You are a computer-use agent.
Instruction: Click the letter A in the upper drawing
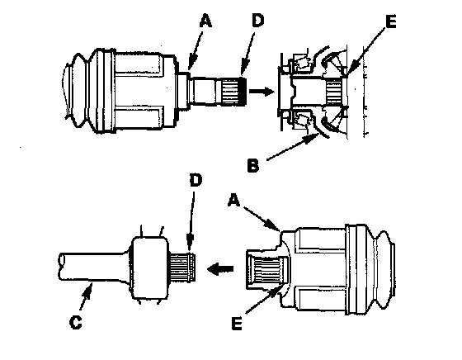[206, 21]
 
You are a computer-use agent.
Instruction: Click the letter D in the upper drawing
[257, 21]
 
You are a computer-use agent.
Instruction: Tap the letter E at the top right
[391, 21]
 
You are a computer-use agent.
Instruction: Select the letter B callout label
[253, 165]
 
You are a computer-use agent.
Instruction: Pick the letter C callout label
[75, 322]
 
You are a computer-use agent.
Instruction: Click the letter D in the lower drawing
[196, 180]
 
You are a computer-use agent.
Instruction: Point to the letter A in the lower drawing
[234, 201]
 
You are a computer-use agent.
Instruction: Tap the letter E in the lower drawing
[237, 323]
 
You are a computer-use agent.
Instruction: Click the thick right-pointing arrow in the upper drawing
[262, 91]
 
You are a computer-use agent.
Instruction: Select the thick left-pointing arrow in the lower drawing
[220, 269]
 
